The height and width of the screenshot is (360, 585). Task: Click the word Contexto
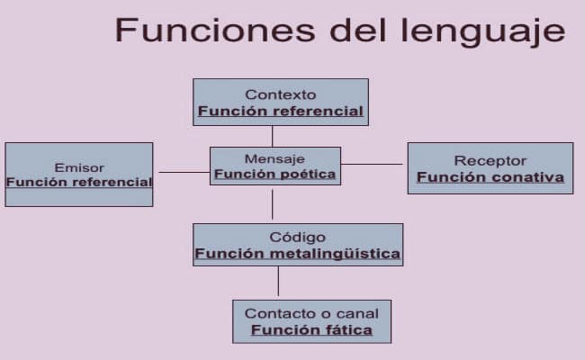[281, 94]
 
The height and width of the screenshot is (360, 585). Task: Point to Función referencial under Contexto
[281, 112]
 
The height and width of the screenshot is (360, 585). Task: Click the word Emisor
[79, 167]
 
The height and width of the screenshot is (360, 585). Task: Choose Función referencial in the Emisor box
[79, 182]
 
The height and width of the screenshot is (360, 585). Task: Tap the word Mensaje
[275, 158]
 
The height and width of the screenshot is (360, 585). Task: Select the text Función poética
[275, 174]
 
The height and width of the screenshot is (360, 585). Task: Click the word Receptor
[490, 160]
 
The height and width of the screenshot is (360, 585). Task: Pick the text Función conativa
[490, 177]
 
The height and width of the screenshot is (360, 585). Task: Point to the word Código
[297, 237]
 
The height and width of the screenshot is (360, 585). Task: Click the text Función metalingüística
[297, 254]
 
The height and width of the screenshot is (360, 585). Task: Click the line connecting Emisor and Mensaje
[184, 172]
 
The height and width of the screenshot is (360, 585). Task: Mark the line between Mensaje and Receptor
[373, 164]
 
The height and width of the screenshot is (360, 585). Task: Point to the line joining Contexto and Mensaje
[273, 136]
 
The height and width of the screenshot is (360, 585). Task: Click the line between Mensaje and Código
[273, 204]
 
